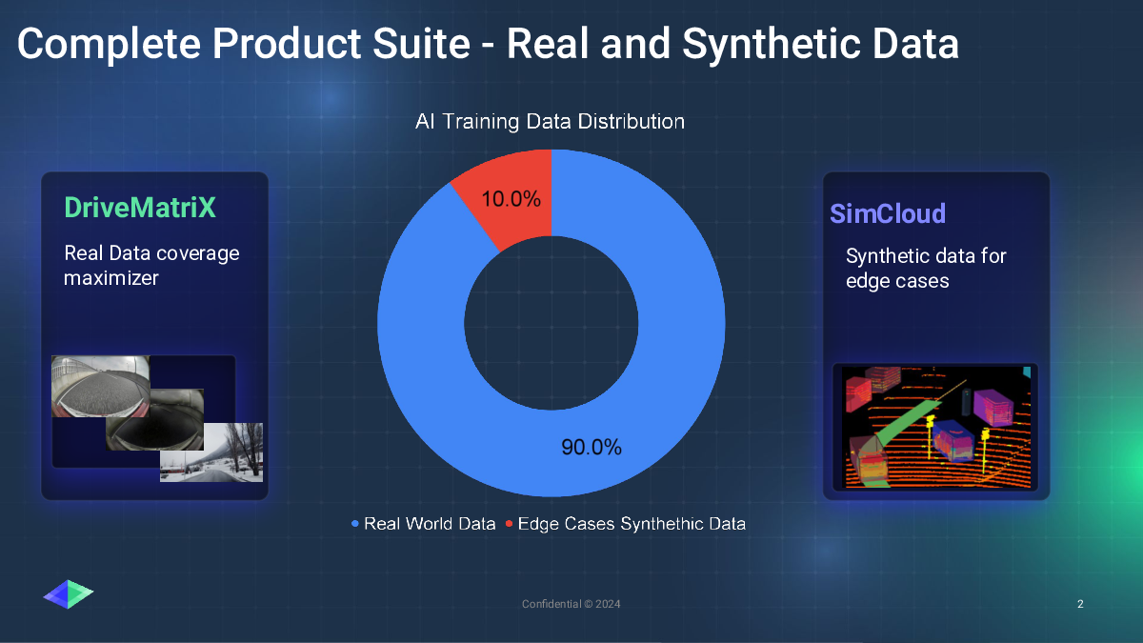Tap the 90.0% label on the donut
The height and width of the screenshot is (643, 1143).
pyautogui.click(x=592, y=447)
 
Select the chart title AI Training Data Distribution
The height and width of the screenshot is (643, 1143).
pyautogui.click(x=551, y=122)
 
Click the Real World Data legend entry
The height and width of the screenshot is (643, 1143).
pyautogui.click(x=424, y=524)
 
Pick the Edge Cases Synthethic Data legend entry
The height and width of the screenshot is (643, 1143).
pyautogui.click(x=626, y=524)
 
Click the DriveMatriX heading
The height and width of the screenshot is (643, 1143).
pyautogui.click(x=140, y=208)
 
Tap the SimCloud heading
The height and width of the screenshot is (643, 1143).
pyautogui.click(x=888, y=213)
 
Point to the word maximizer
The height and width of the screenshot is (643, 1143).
pyautogui.click(x=111, y=278)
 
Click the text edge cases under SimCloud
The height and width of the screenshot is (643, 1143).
pyautogui.click(x=897, y=281)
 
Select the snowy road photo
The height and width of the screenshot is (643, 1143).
pyautogui.click(x=211, y=452)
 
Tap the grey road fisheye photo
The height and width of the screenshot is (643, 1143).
pyautogui.click(x=101, y=387)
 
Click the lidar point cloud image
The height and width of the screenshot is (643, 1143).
pyautogui.click(x=935, y=428)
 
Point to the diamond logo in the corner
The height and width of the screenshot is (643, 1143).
pyautogui.click(x=69, y=594)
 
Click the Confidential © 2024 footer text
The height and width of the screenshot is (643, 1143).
pyautogui.click(x=571, y=604)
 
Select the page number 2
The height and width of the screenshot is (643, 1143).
pyautogui.click(x=1080, y=604)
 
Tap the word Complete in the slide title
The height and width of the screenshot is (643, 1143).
pyautogui.click(x=109, y=45)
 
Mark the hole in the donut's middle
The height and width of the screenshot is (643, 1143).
pyautogui.click(x=551, y=323)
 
